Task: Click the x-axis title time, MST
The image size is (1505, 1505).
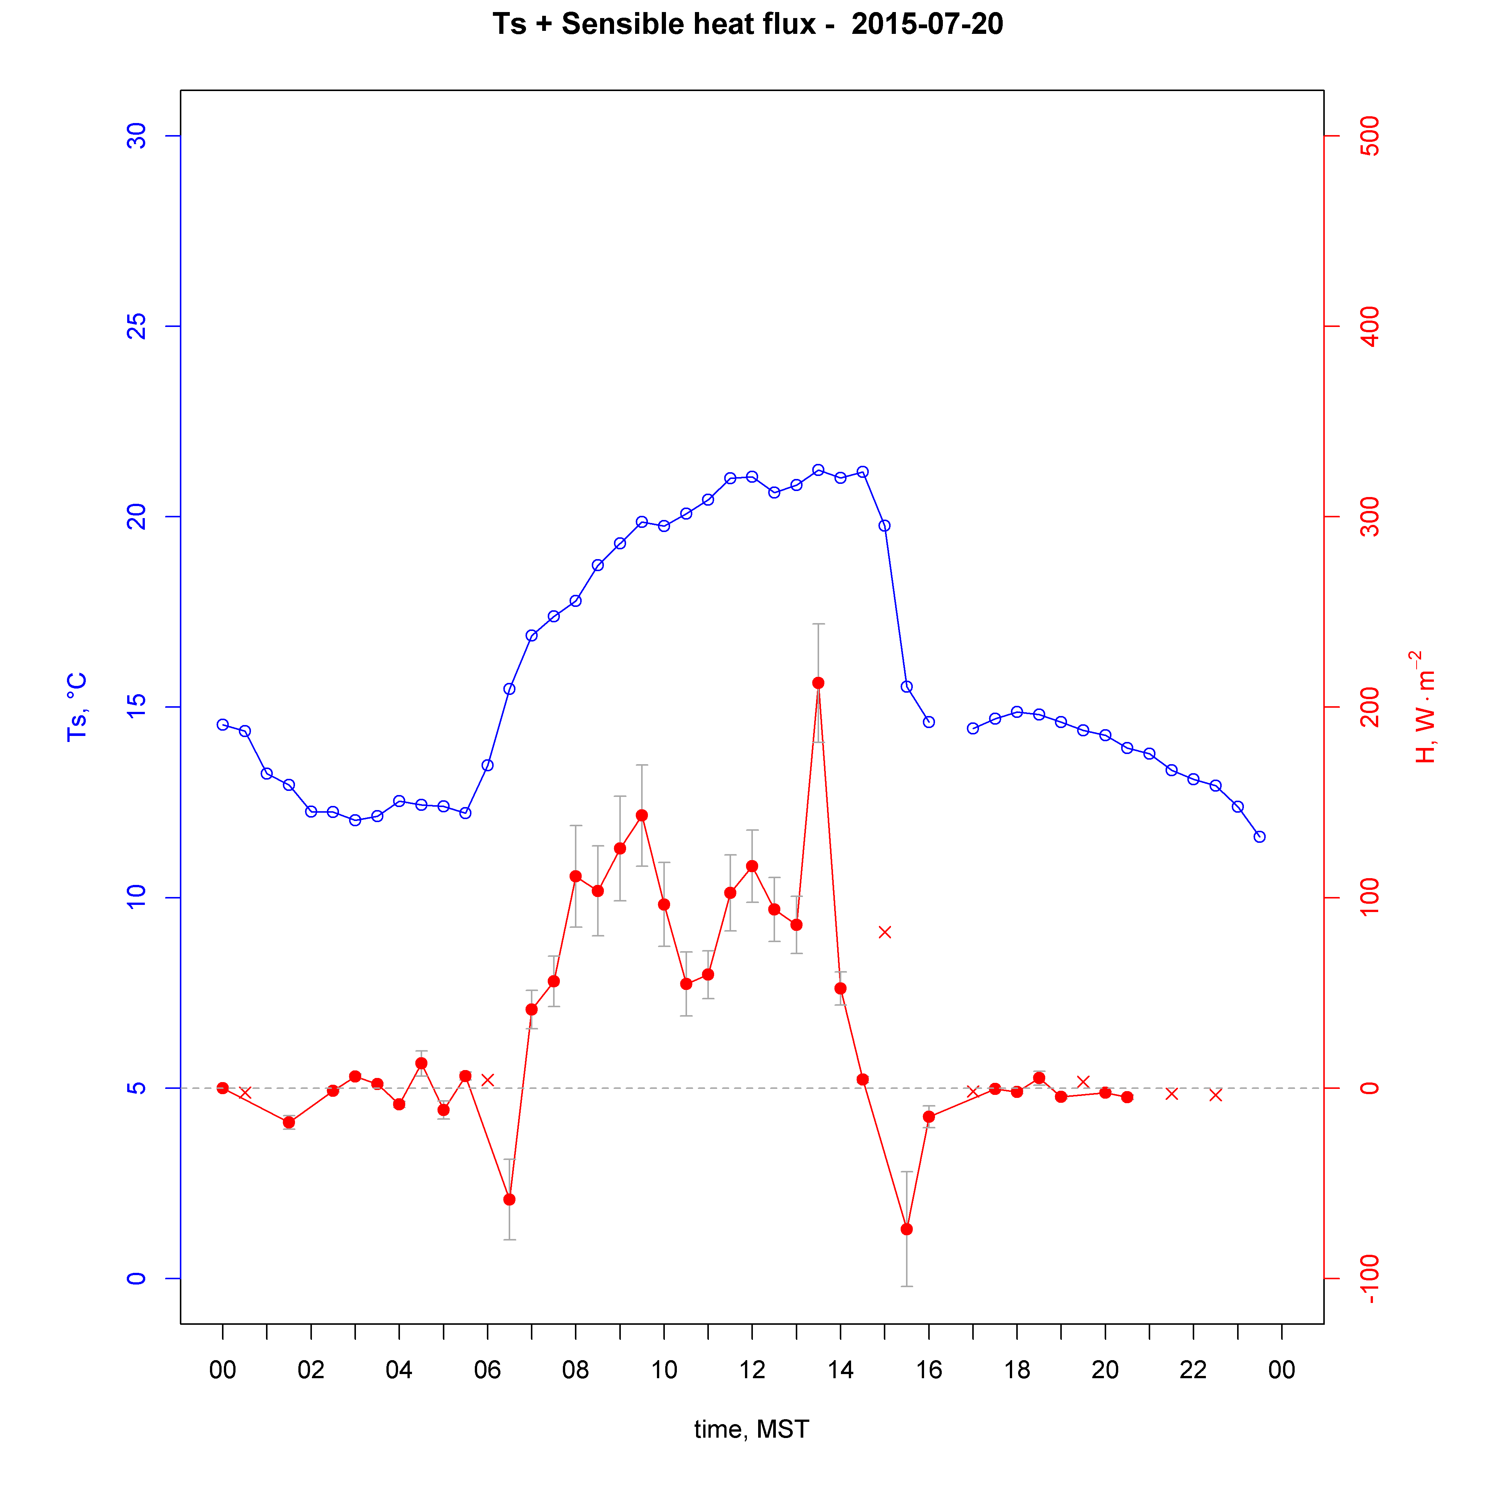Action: (752, 1429)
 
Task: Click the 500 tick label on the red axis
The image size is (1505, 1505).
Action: (1369, 136)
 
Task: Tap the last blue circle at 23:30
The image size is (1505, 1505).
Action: (1260, 837)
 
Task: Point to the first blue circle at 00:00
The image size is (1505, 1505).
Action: (223, 724)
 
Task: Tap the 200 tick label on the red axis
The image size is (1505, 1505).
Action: (1369, 707)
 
